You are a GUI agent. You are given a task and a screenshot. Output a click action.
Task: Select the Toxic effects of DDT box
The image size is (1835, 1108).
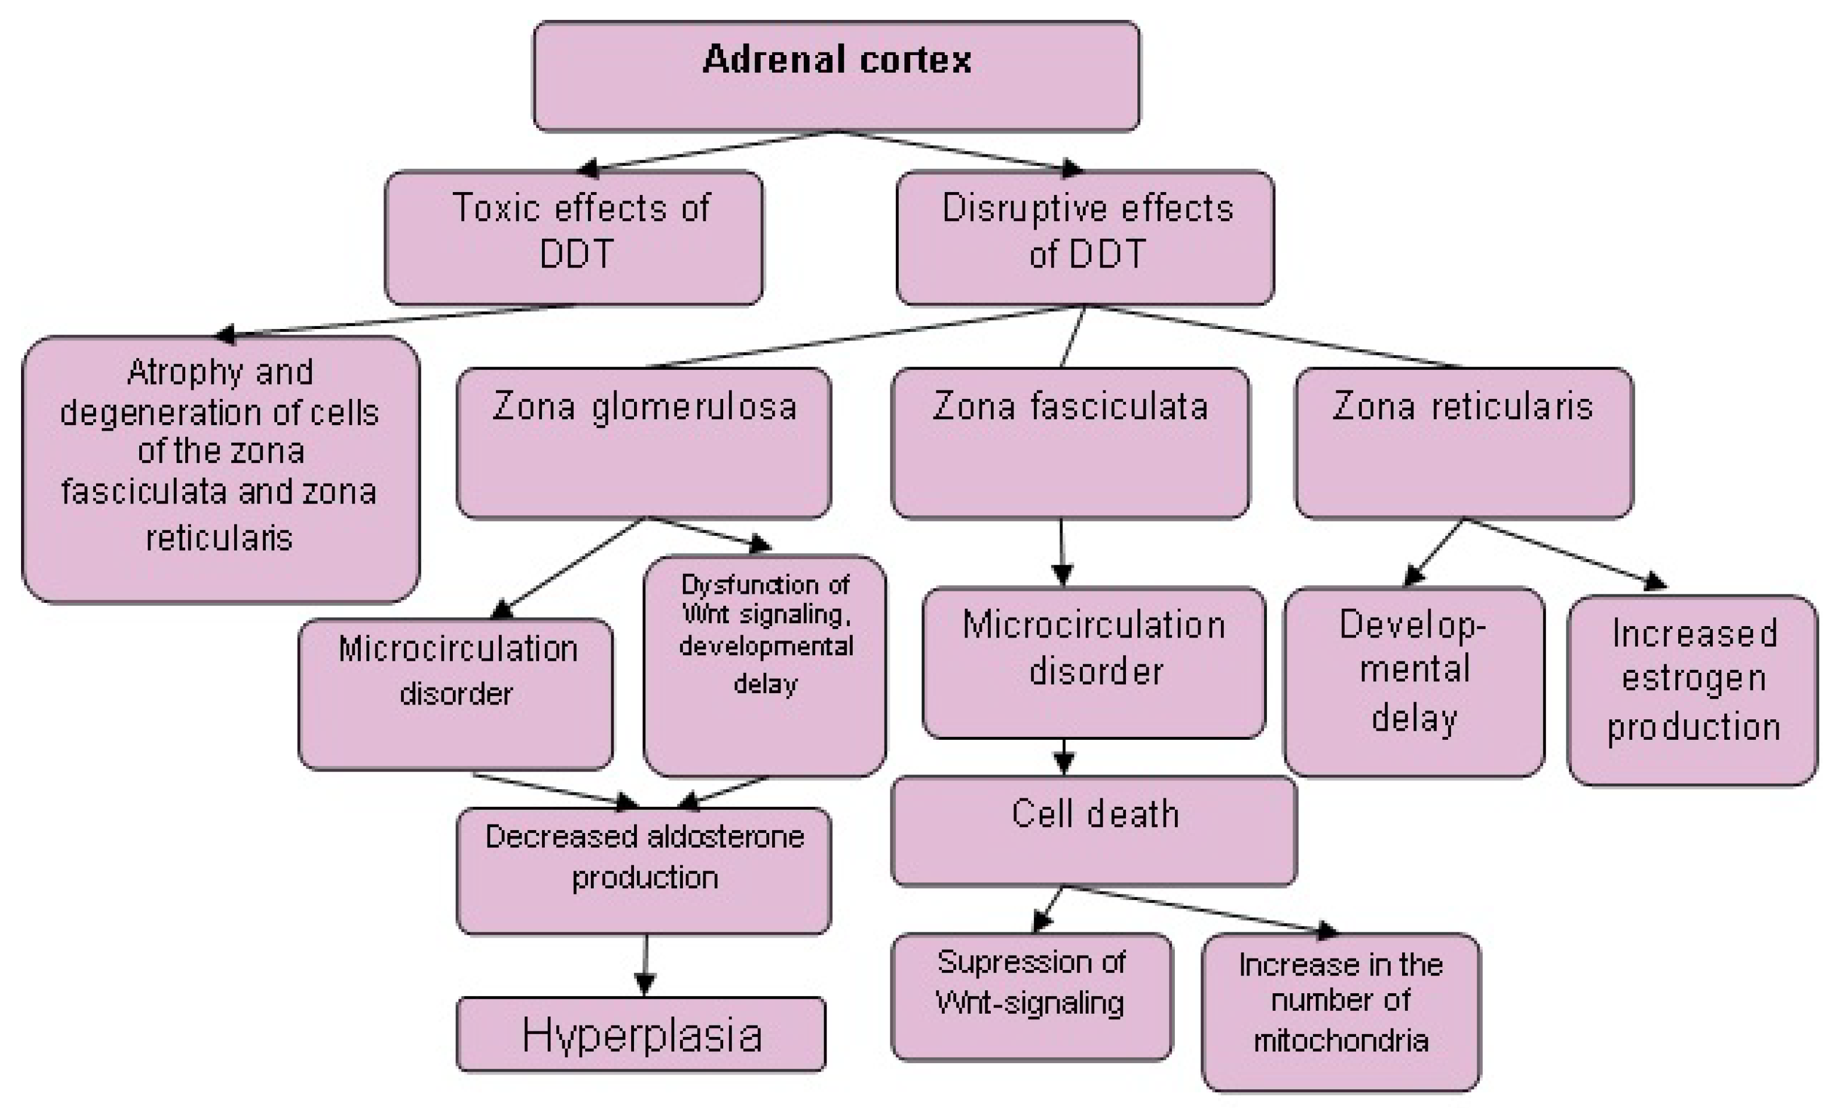(573, 237)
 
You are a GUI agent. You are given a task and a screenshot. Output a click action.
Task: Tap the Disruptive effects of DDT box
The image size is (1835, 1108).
(1085, 237)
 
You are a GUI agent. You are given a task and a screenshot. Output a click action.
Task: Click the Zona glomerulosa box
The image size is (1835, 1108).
(644, 443)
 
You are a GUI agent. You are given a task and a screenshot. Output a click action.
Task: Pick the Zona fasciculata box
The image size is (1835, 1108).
(1070, 443)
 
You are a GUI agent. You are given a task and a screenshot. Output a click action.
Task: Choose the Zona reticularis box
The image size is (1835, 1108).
(1463, 443)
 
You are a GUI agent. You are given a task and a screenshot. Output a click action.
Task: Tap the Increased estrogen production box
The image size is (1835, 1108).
(1692, 690)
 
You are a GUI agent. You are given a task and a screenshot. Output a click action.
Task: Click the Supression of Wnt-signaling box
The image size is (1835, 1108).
(1032, 996)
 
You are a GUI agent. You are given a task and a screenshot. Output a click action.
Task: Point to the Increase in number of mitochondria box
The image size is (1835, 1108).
(1341, 1011)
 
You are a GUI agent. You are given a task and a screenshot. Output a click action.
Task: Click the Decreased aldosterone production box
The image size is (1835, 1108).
(644, 870)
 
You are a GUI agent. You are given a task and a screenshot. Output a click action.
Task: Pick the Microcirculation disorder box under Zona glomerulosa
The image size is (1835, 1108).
(456, 693)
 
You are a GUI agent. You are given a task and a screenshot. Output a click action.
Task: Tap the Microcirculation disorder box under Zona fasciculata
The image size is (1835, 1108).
(1093, 663)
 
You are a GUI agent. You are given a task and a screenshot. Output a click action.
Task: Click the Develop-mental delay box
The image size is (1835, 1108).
(1413, 681)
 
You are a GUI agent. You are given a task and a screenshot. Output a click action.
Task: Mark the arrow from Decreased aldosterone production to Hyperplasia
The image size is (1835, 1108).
(645, 966)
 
